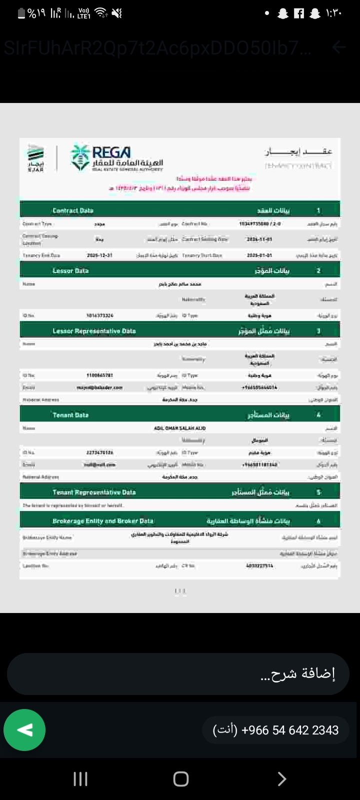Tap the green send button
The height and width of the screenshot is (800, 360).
coord(24,730)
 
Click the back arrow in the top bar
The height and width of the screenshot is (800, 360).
coord(339,47)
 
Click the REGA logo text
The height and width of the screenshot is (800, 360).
coord(111,152)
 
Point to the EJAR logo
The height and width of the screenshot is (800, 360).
coord(35,158)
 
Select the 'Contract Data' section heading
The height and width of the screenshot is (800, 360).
coord(73,210)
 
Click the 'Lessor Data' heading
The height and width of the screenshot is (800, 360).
coord(70,270)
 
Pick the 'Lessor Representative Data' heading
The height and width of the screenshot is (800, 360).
coord(94,331)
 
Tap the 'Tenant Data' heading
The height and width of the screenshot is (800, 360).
coord(70,415)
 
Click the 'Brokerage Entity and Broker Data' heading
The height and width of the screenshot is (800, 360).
coord(103,521)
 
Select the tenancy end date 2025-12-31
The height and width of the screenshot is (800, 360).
coord(99,255)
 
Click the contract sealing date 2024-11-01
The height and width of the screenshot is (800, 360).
coord(259,239)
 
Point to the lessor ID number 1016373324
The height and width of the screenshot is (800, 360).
coord(99,315)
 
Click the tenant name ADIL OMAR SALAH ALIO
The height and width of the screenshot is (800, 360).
coord(179,428)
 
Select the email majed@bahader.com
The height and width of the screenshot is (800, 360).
coord(99,387)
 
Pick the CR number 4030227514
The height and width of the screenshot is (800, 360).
coord(259,566)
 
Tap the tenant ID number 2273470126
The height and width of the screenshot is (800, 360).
coord(99,452)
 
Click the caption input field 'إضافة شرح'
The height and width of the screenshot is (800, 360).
coord(178,674)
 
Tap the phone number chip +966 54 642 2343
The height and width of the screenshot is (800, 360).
coord(275,730)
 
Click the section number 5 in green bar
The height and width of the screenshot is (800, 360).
coord(318,492)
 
